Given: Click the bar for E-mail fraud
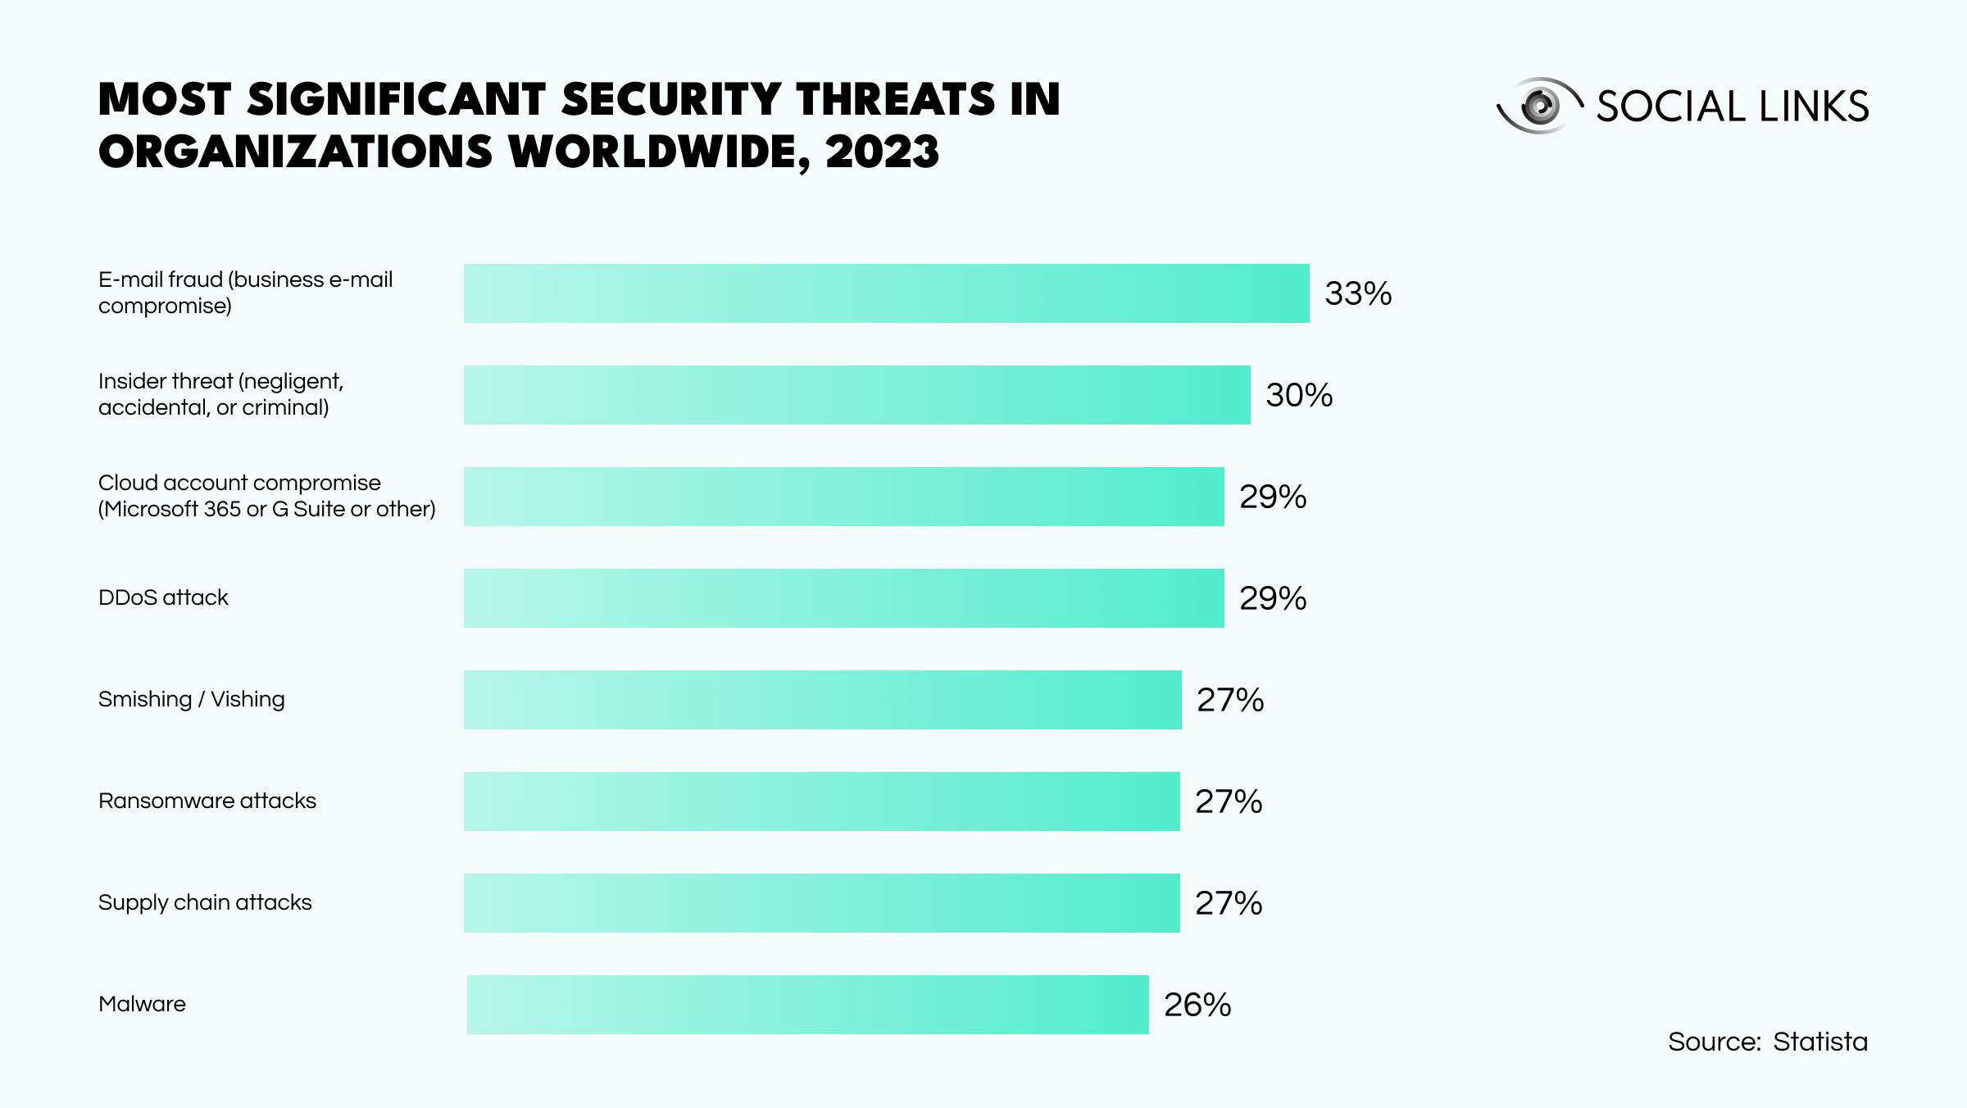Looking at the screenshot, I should tap(886, 293).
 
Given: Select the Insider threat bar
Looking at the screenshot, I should tap(856, 395).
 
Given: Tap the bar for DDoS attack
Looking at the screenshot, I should tap(843, 598).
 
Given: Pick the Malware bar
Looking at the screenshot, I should tap(807, 1005).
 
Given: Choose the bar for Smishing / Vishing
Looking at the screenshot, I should tap(822, 700).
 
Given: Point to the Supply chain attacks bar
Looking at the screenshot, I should tap(821, 903).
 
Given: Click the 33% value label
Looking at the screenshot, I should tap(1358, 293).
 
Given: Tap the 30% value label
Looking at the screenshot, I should tap(1299, 395).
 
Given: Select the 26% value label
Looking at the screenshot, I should tap(1197, 1005).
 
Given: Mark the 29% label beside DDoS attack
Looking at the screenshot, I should tap(1273, 598).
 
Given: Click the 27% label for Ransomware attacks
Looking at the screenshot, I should tap(1229, 801).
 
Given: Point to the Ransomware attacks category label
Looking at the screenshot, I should tap(207, 801).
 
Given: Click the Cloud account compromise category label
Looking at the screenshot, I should tap(266, 496).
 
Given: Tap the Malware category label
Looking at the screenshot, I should tap(142, 1004).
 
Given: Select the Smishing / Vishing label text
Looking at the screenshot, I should tap(192, 699).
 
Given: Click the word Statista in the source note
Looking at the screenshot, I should tap(1820, 1042).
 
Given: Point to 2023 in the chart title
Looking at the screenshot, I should tap(882, 152).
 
